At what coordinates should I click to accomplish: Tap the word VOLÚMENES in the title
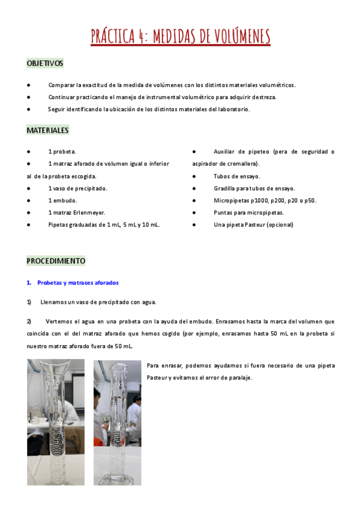tap(235, 37)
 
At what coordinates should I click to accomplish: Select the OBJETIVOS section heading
tap(45, 63)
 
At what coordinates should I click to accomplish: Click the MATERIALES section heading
tap(47, 130)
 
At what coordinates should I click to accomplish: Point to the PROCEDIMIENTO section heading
tap(56, 261)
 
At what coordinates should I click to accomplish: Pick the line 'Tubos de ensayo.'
tap(236, 176)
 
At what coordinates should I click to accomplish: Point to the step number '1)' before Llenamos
tap(29, 302)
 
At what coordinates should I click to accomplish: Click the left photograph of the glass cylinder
tap(56, 421)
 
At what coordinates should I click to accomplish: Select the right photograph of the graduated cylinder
tap(118, 423)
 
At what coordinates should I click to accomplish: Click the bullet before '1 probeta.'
tap(29, 152)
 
